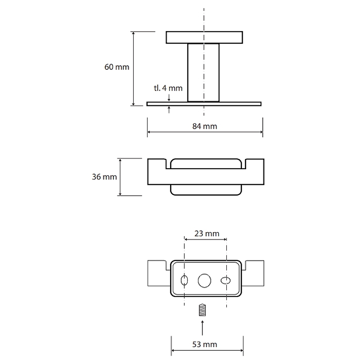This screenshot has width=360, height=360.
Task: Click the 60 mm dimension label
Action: [x=117, y=67]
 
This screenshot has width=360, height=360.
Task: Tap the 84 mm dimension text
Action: [x=205, y=126]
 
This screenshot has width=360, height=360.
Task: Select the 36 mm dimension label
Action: [x=104, y=177]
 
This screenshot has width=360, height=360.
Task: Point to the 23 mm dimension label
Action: [x=207, y=234]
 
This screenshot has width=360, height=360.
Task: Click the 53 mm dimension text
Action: [x=205, y=344]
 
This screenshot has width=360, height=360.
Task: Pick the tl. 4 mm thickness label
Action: [x=168, y=88]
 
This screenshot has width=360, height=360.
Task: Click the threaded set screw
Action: [x=202, y=310]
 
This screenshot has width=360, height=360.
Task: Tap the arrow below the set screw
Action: [x=202, y=328]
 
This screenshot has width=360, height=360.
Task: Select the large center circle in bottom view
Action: [x=204, y=280]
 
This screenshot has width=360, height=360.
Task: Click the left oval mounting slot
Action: [x=184, y=280]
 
